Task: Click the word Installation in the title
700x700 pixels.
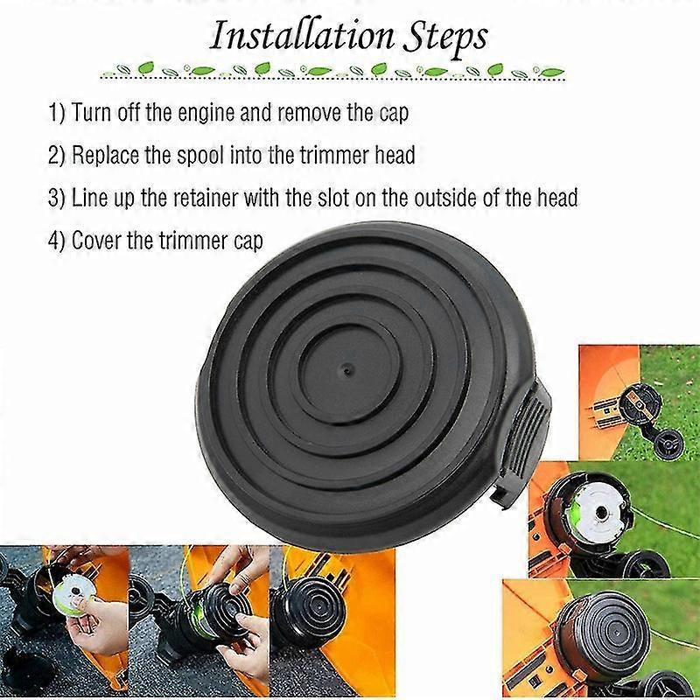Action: pyautogui.click(x=302, y=36)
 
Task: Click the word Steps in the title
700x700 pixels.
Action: pyautogui.click(x=445, y=38)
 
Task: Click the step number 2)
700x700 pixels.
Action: pyautogui.click(x=57, y=155)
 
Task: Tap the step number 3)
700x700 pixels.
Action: pyautogui.click(x=57, y=198)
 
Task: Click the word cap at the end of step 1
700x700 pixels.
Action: pyautogui.click(x=394, y=114)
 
